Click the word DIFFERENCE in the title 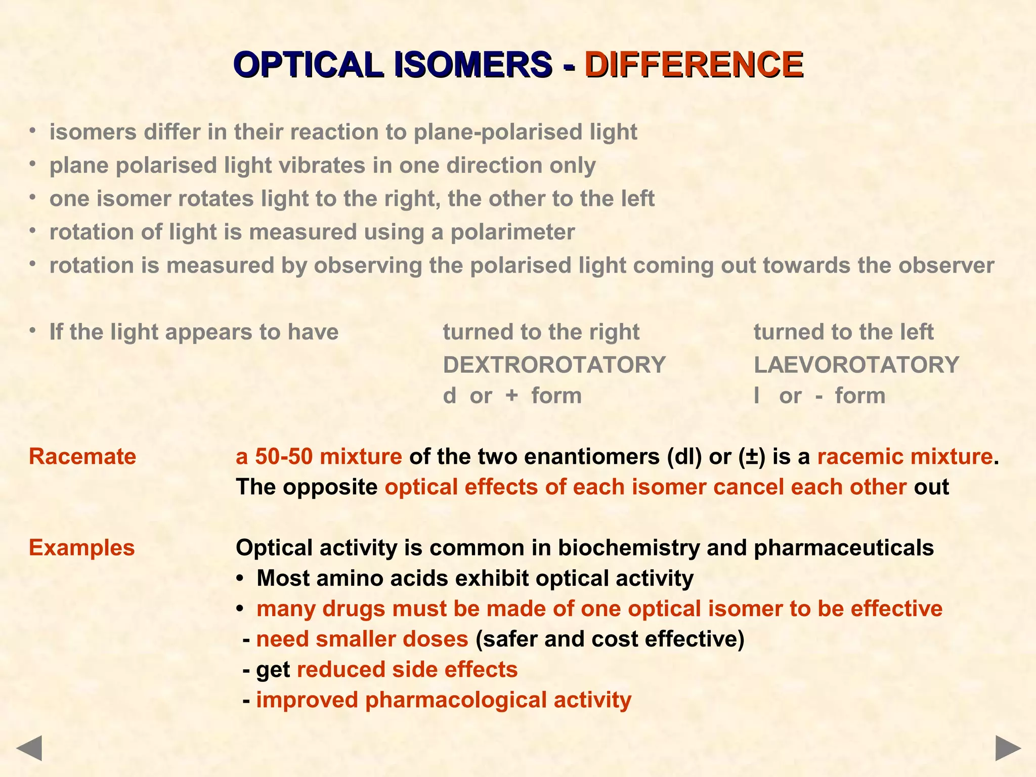694,65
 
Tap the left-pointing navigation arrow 29,748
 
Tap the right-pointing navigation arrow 1008,748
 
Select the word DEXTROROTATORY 554,365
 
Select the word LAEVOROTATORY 856,365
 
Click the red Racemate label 82,457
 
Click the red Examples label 82,548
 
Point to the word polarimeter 512,232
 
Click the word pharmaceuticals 843,548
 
